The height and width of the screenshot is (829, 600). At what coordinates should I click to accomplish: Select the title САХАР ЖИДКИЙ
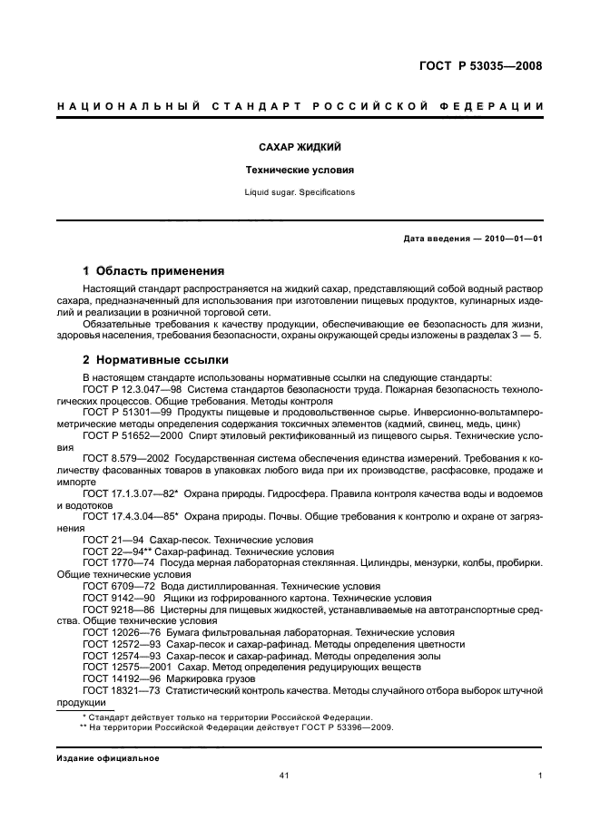(300, 146)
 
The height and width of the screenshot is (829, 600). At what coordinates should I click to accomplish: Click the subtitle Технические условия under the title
(300, 170)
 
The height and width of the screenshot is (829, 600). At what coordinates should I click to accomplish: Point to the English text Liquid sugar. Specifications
(300, 192)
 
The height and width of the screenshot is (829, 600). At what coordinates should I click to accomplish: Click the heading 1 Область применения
(154, 270)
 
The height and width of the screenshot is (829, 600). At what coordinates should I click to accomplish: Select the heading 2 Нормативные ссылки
(155, 359)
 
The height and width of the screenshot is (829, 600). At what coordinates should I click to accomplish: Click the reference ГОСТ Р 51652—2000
(129, 435)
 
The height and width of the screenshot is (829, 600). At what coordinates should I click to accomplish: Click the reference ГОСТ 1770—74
(113, 562)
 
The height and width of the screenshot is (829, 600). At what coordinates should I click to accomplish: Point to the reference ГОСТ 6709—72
(113, 586)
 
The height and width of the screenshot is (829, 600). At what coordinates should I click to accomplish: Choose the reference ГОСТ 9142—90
(113, 598)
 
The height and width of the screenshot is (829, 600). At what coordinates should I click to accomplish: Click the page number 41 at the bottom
(284, 775)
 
